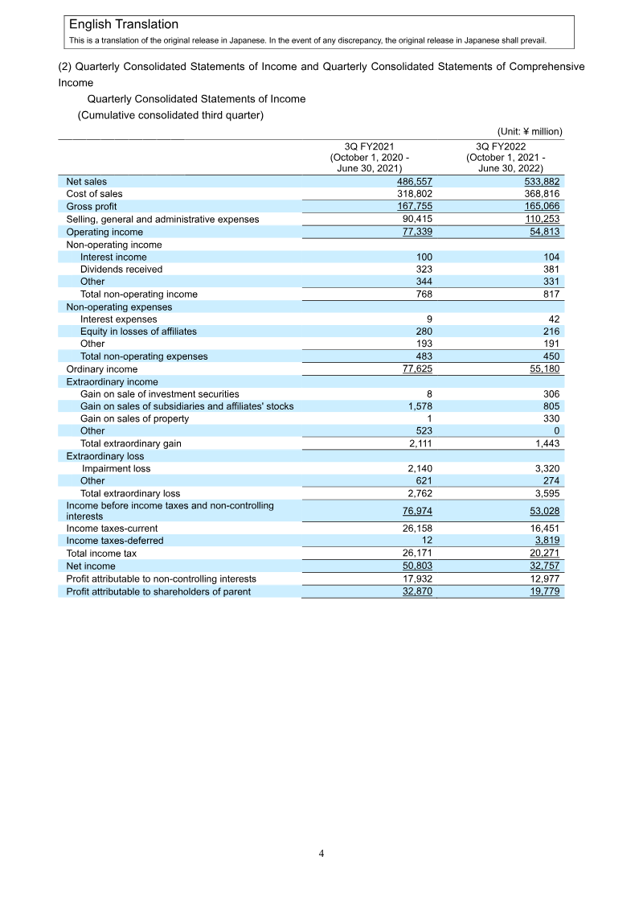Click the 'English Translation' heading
tap(124, 25)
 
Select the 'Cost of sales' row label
tap(94, 194)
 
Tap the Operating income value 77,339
tap(417, 232)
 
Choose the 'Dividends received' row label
tap(121, 270)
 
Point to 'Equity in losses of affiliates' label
tap(138, 331)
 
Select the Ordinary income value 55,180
tap(543, 369)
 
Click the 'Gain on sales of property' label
tap(134, 418)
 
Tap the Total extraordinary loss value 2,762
tap(420, 493)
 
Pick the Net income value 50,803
tap(417, 566)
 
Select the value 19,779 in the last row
tap(543, 591)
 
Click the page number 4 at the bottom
tap(321, 854)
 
